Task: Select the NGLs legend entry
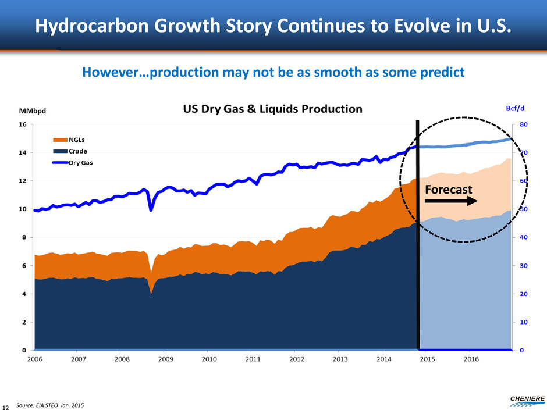tap(75, 140)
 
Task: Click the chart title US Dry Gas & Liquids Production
tap(273, 109)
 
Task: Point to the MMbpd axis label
tap(33, 110)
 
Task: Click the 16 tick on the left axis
tap(23, 124)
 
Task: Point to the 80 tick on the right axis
tap(524, 124)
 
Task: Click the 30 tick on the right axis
tap(524, 266)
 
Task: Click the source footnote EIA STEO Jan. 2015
tap(49, 404)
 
